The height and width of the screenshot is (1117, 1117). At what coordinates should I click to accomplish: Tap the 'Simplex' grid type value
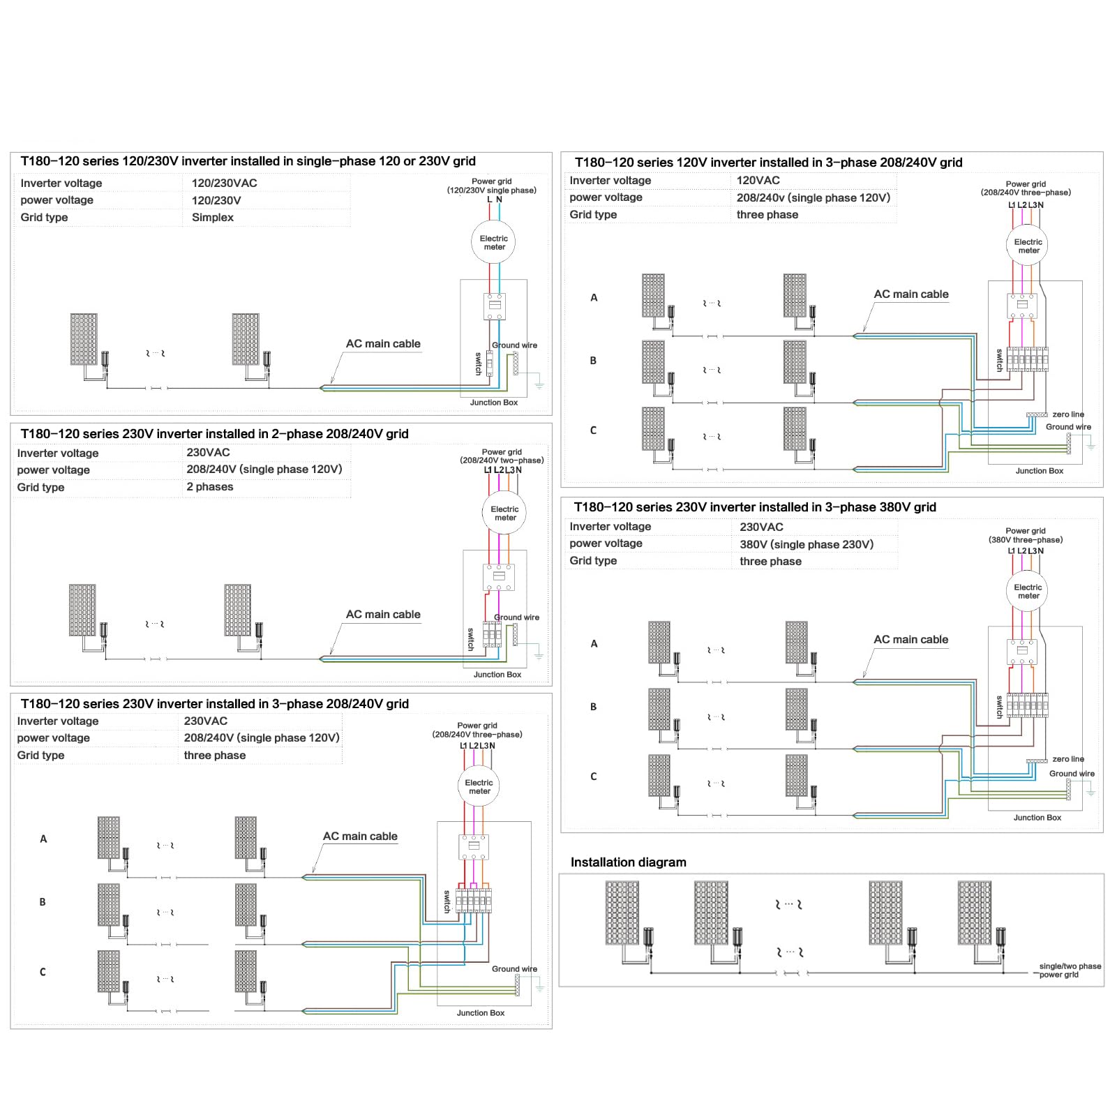coord(213,218)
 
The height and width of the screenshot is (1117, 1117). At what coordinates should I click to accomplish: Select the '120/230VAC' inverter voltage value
coord(225,183)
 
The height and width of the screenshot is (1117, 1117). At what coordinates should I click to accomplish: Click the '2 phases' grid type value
coord(210,487)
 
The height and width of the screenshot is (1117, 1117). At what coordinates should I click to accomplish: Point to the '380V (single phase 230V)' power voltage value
coord(807,544)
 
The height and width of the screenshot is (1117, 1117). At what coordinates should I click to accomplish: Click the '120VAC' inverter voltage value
coord(758,180)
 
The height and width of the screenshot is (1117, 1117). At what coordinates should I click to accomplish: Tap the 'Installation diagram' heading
coord(629,862)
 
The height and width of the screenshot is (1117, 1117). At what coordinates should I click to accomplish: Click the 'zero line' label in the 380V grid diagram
coord(1068,759)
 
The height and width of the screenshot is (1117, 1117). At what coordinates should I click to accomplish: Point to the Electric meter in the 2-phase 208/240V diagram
coord(504,513)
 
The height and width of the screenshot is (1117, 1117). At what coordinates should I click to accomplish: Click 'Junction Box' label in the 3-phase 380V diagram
coord(1037,818)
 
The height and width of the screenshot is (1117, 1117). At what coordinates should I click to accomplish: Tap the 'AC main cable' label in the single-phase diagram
coord(383,344)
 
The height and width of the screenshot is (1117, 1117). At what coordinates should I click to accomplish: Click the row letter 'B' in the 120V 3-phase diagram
coord(594,361)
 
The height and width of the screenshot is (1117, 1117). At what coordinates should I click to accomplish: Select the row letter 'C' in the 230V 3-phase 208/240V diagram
coord(43,972)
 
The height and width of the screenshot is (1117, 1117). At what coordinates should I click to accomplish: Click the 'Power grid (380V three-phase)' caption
coord(1026,535)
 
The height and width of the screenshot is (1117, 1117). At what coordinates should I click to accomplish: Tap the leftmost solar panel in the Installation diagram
coord(622,913)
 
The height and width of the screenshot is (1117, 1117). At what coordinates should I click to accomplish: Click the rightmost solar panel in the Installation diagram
coord(975,913)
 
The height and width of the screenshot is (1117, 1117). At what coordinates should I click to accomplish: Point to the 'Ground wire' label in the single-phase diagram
coord(515,345)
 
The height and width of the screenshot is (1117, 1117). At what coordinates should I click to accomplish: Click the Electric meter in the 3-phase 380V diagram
coord(1028,591)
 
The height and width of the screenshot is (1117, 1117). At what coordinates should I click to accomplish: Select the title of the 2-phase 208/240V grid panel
coord(215,434)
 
